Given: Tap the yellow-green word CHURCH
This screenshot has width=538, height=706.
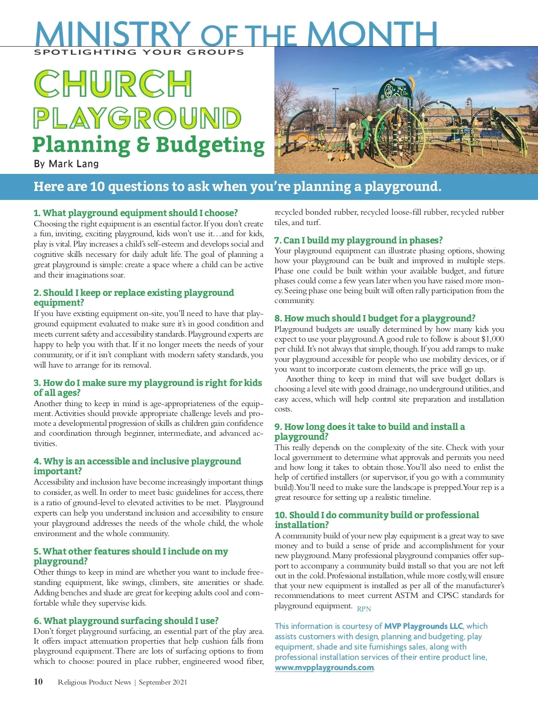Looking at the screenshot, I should point(113,84).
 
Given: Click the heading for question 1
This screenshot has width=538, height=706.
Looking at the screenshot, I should point(135,213).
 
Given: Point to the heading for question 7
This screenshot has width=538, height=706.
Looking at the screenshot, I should point(358,240).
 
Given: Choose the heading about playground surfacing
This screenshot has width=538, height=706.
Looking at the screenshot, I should point(126,621).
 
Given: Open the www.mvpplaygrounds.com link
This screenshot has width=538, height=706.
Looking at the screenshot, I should point(324,667).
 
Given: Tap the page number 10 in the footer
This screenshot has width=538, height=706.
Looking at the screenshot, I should point(39,682).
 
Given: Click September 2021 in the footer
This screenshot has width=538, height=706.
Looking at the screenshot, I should point(163,682).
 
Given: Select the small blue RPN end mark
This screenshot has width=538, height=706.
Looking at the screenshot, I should point(364,609).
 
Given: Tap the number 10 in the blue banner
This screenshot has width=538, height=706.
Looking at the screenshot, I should point(97,186).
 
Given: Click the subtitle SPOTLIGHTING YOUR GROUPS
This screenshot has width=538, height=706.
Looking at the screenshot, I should point(139,52).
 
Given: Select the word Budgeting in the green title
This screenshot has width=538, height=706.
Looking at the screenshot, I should point(210,145).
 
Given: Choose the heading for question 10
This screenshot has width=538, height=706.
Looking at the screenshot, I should point(377,520).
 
